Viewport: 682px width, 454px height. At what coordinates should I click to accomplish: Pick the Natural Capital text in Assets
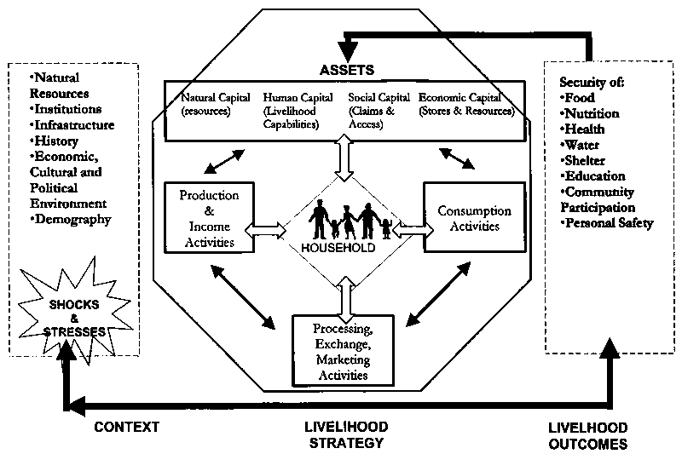coord(208,103)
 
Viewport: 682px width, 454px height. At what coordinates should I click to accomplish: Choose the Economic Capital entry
coord(466,103)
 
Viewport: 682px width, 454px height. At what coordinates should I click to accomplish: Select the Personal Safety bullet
coord(607,223)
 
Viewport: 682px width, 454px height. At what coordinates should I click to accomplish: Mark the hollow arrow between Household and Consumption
coord(409,228)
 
